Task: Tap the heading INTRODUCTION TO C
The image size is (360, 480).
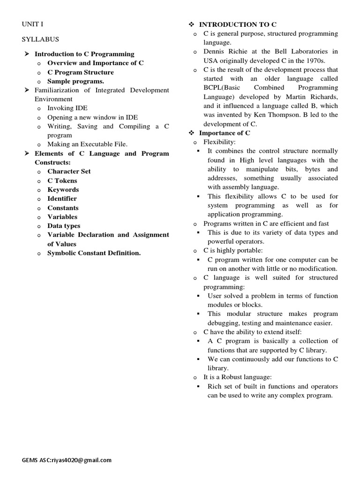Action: [x=238, y=24]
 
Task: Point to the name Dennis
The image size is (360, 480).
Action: [x=215, y=52]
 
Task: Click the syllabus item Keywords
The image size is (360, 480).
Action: [x=63, y=190]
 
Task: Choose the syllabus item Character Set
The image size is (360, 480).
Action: [x=69, y=172]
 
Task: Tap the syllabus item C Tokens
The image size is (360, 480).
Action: [x=62, y=181]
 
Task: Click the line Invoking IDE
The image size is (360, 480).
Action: [x=67, y=108]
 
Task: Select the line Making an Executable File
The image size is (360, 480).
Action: [x=87, y=144]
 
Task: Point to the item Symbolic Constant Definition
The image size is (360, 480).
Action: [x=94, y=253]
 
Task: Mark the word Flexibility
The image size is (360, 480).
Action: [x=219, y=142]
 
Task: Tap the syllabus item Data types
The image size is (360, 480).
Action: [x=64, y=226]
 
